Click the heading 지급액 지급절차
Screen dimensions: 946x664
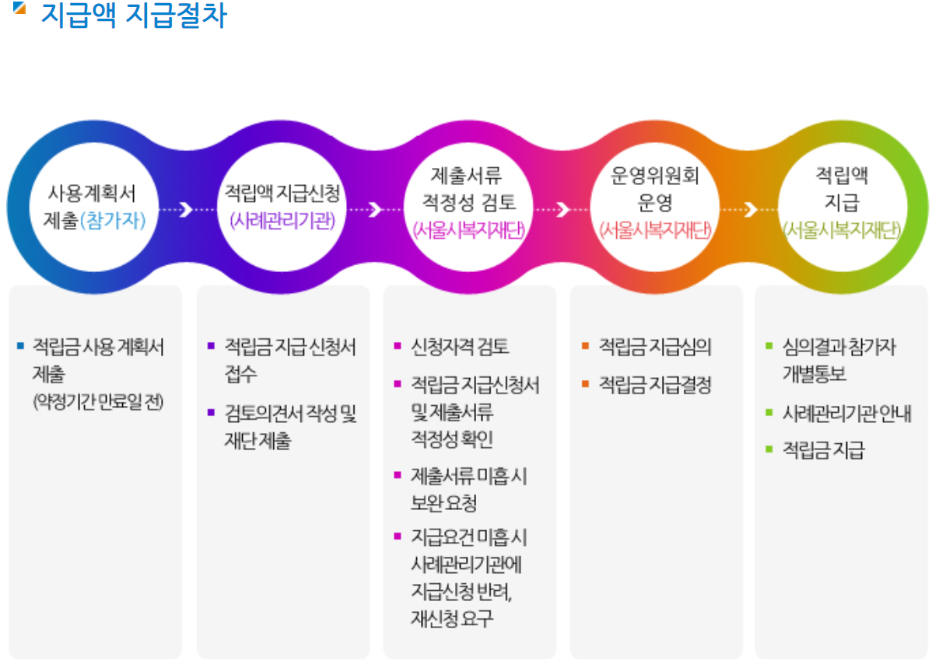[133, 16]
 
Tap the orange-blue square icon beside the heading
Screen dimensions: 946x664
[20, 9]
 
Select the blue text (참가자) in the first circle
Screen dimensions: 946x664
[113, 221]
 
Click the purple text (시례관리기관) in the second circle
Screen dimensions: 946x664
[282, 221]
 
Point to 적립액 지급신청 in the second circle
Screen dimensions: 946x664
[282, 191]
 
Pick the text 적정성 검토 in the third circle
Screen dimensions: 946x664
[468, 204]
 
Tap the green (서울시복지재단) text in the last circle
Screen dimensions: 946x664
[841, 230]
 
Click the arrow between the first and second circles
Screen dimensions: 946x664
[185, 209]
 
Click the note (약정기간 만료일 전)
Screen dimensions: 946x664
[98, 402]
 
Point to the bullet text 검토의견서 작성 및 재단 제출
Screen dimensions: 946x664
[290, 427]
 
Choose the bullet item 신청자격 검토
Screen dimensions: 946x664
[460, 347]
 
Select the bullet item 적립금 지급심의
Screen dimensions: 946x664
[654, 347]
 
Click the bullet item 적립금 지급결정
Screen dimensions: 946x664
[654, 385]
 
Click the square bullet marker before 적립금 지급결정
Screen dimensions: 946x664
[585, 383]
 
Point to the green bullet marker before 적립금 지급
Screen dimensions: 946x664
[769, 449]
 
